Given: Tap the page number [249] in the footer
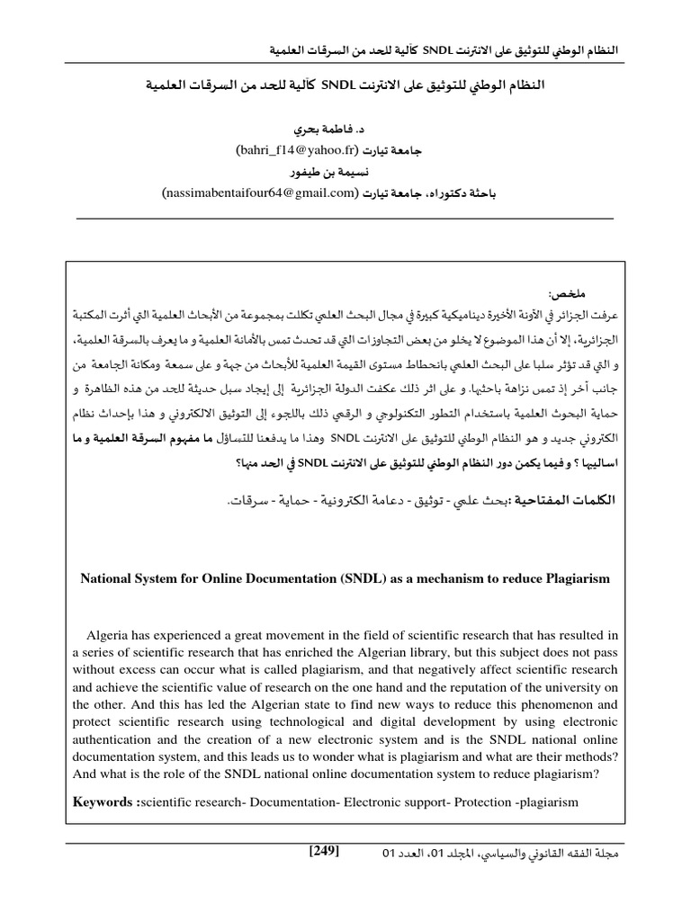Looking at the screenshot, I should click(x=323, y=851).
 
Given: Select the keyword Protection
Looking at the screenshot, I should click(x=485, y=800).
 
